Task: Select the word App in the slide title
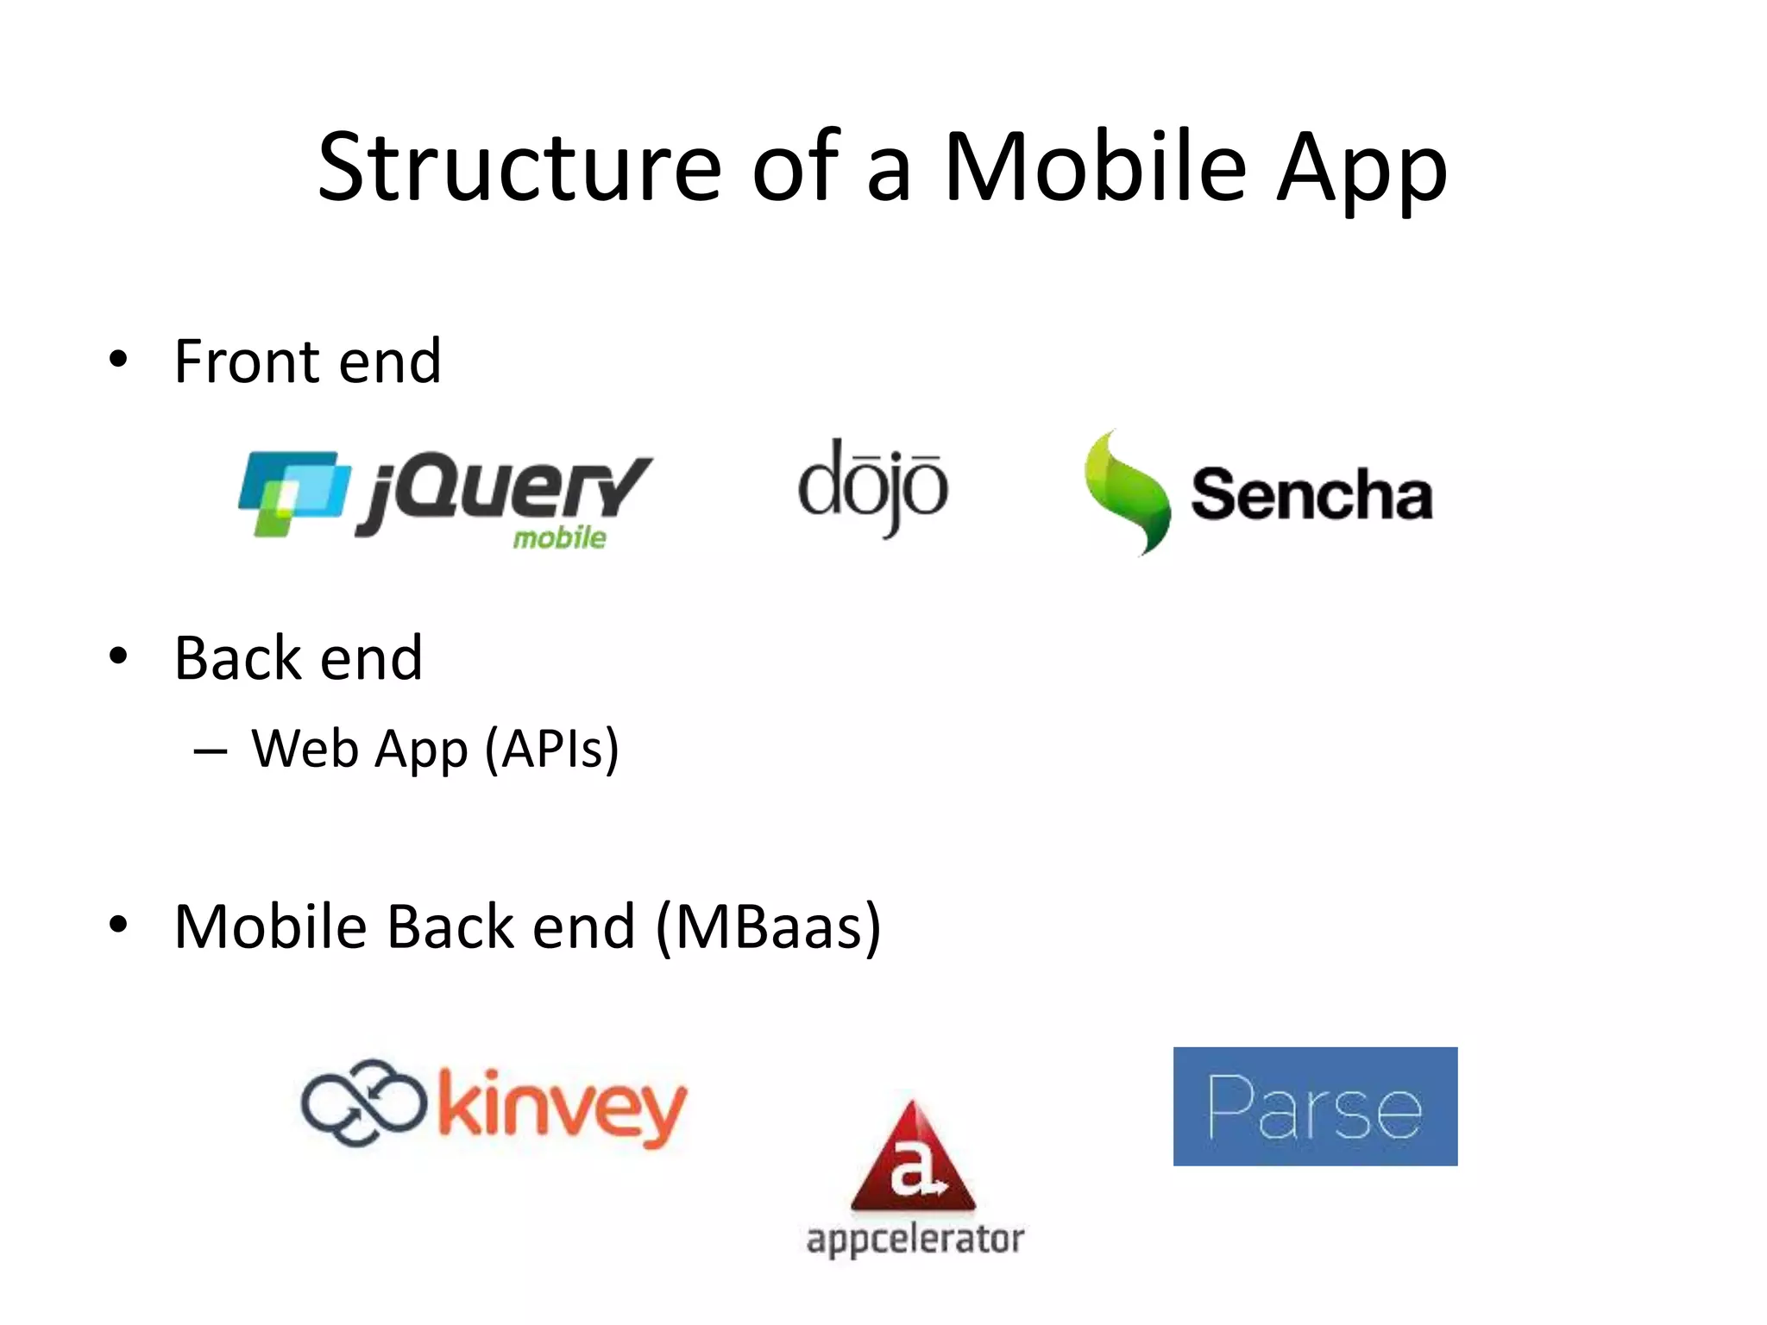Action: [1361, 170]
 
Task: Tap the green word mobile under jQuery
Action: [559, 538]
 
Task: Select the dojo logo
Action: [872, 487]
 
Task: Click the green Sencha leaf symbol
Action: [1125, 492]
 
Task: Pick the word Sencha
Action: [1311, 495]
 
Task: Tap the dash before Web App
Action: [211, 750]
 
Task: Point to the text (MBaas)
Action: [769, 927]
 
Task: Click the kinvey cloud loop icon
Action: [363, 1102]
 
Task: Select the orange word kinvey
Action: [562, 1108]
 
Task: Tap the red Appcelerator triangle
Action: [913, 1160]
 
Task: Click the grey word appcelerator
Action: [915, 1240]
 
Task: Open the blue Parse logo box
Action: [1315, 1107]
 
